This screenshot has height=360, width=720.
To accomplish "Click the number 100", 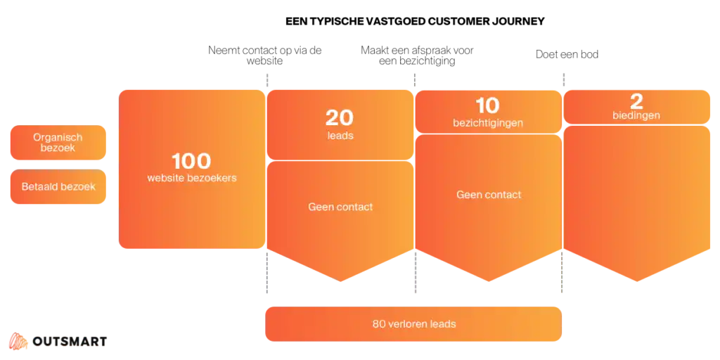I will (x=191, y=160).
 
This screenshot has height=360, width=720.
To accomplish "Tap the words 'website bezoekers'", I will (x=192, y=178).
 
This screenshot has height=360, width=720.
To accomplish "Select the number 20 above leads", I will (x=340, y=117).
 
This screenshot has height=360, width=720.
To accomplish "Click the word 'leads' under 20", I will (x=340, y=135).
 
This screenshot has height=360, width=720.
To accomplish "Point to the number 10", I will (x=487, y=105).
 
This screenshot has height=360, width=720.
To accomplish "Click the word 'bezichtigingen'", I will (x=488, y=123).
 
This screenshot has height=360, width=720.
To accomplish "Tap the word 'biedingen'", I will (x=636, y=115).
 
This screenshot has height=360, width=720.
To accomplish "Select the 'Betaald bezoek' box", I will (x=59, y=187).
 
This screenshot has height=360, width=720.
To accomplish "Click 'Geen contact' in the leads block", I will (x=340, y=207).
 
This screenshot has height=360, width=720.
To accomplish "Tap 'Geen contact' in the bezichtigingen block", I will (x=489, y=195).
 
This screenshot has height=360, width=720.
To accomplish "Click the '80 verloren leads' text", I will (x=414, y=324).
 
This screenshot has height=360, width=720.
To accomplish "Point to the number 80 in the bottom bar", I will (x=378, y=324).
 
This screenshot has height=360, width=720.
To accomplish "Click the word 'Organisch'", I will (x=58, y=137).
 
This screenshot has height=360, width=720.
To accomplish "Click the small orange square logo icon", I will (x=16, y=342).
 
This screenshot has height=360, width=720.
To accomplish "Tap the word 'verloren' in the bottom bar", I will (x=409, y=324).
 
